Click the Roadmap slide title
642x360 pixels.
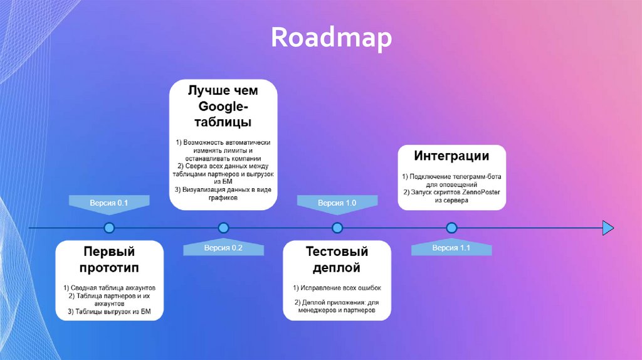(332, 38)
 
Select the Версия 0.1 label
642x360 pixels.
(109, 203)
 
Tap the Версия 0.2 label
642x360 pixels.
(223, 248)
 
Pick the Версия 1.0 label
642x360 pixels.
(337, 203)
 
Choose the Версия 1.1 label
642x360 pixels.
(451, 248)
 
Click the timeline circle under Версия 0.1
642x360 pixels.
(109, 227)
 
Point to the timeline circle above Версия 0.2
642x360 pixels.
(223, 227)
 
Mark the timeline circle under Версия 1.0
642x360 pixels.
(337, 227)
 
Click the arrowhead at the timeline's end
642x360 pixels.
(608, 227)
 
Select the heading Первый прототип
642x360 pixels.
(109, 260)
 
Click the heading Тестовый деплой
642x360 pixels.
(337, 260)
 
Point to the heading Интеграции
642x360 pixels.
(451, 156)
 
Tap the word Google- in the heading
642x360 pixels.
(223, 105)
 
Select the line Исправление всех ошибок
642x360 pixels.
(337, 288)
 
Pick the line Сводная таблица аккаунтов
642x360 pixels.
(109, 288)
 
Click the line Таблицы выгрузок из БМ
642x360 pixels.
(109, 311)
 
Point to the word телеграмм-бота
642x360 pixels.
(477, 177)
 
